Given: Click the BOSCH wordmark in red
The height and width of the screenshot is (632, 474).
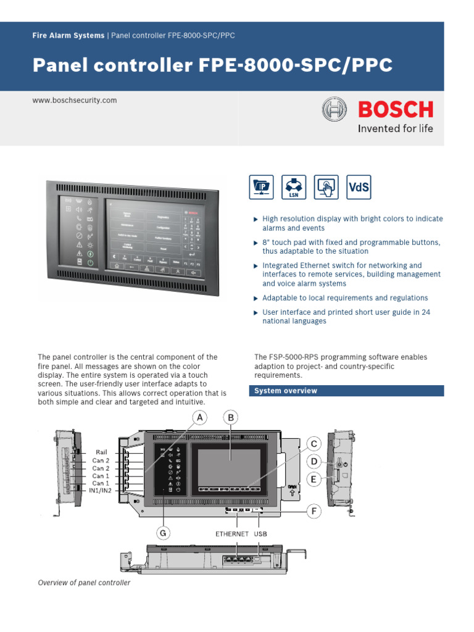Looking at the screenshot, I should coord(396,110).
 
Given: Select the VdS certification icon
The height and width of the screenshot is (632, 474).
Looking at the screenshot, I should coord(359,187).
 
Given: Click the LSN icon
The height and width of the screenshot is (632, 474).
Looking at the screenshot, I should coord(294,187).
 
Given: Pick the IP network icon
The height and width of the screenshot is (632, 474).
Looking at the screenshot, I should coord(261,187).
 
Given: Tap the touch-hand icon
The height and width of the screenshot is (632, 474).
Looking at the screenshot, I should coord(326,187).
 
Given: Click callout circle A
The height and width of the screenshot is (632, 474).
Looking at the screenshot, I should coord(199,418).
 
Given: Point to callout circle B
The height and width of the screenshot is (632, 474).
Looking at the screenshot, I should coord(231,418).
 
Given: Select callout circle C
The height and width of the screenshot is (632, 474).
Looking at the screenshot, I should coord(314,444).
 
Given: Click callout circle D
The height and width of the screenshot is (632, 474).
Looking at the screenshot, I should coord(314,462).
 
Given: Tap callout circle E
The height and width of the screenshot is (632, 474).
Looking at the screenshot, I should coord(314,480).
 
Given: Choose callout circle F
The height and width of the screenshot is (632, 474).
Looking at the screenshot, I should coord(314,512).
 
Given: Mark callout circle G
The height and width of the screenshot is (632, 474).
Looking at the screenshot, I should coord(164,532).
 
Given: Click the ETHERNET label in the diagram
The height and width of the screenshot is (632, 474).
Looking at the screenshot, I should coord(232,533).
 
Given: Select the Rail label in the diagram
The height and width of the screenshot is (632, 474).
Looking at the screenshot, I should coord(101,452).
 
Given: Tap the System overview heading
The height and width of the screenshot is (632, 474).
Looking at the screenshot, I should coord(286,391).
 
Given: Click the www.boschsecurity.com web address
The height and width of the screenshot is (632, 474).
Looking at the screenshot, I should coord(74,100).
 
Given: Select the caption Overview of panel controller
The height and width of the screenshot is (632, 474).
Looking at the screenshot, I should coord(84,583).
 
